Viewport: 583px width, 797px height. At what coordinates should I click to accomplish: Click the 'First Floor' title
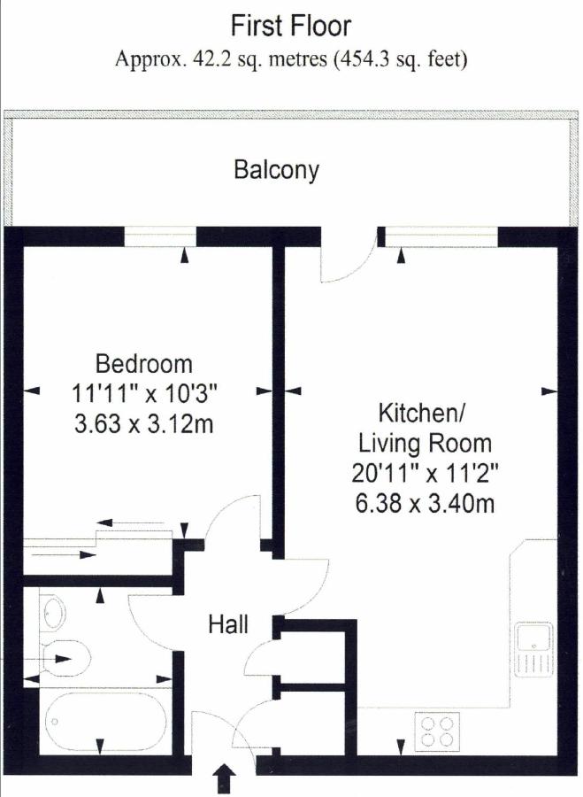[x=291, y=26]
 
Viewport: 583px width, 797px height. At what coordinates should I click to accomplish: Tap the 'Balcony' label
[x=277, y=170]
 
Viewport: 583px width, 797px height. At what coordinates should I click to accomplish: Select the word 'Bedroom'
[x=144, y=364]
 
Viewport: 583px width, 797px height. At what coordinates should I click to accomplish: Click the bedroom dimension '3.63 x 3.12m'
[x=143, y=423]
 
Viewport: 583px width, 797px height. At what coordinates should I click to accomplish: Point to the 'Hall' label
[x=228, y=623]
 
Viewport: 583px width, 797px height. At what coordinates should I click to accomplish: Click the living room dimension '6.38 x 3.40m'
[x=425, y=504]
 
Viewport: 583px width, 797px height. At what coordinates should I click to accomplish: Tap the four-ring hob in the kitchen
[x=437, y=731]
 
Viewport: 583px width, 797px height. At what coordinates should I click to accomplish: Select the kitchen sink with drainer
[x=533, y=649]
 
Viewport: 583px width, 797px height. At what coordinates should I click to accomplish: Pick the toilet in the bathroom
[x=65, y=658]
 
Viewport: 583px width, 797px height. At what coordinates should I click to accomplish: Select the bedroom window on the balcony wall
[x=160, y=236]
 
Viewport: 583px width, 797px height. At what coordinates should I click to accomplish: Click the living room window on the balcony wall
[x=441, y=237]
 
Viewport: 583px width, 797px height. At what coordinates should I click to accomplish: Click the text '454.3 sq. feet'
[x=401, y=59]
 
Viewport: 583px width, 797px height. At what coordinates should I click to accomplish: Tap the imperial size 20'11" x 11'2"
[x=425, y=474]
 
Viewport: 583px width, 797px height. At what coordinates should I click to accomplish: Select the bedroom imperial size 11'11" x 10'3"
[x=144, y=393]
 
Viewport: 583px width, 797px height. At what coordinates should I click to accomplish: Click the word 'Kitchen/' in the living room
[x=421, y=413]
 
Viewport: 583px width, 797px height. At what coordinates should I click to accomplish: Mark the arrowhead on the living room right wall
[x=549, y=391]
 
